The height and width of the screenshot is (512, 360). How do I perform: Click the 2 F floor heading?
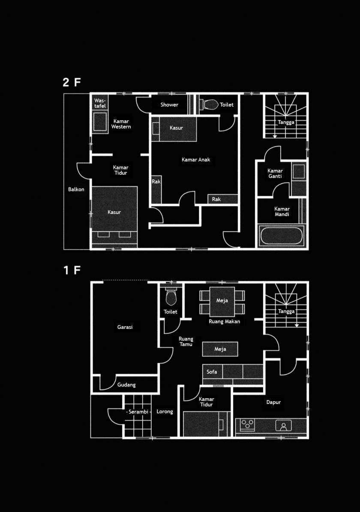pos(72,82)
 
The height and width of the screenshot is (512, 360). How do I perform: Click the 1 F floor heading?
pos(72,270)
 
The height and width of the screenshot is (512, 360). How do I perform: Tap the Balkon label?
pos(76,190)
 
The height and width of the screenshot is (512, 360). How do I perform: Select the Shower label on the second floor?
pos(169,105)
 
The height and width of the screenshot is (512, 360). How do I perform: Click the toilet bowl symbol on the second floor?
pos(209,105)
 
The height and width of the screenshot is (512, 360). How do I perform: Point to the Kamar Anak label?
pos(196,160)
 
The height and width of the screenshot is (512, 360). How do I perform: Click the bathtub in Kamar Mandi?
pos(281,235)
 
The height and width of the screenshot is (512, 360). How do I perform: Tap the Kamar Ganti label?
pos(275,173)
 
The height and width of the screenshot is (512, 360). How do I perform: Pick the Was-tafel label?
pos(100,103)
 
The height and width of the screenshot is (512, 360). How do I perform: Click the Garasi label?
pos(125,327)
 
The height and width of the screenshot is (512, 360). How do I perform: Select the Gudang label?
pos(126,385)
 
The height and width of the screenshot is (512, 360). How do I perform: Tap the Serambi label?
pos(138,412)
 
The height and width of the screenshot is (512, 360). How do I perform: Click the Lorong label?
pos(165,411)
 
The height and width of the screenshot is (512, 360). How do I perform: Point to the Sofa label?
pos(211,372)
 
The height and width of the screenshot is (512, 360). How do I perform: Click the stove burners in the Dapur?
pos(247,424)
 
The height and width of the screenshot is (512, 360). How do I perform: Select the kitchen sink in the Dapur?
pos(283,425)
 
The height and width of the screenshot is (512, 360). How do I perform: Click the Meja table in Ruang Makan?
pos(222,301)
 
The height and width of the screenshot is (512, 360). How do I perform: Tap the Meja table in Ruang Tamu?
pos(220,349)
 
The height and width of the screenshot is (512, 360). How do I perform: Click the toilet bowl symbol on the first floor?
pos(171,296)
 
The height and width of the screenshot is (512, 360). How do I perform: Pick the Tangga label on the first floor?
pos(286,311)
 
